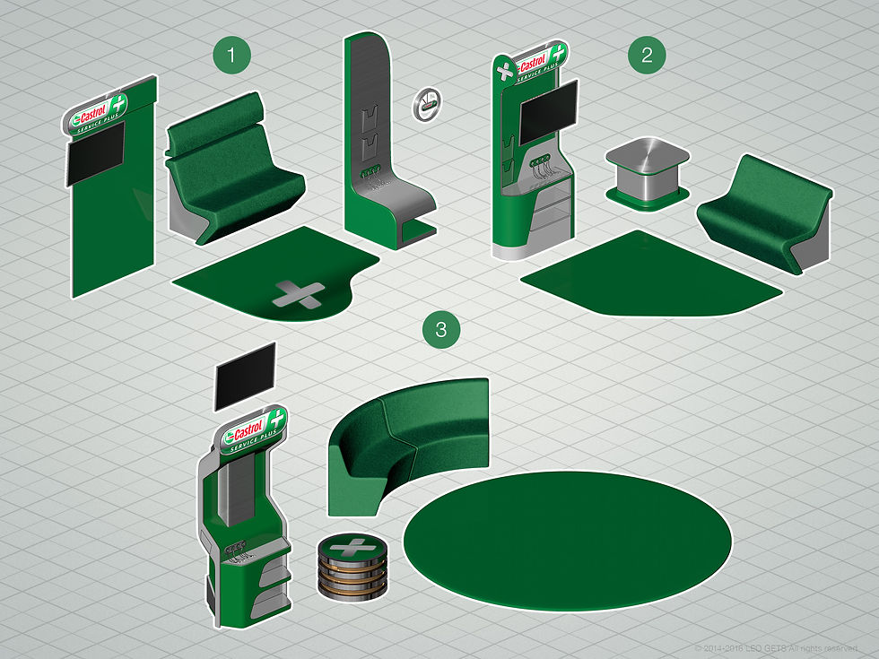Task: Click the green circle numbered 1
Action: (232, 56)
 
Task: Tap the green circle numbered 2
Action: (648, 56)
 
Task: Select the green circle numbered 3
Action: (440, 330)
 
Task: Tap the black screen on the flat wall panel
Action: (95, 154)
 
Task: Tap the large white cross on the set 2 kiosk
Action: (506, 70)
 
